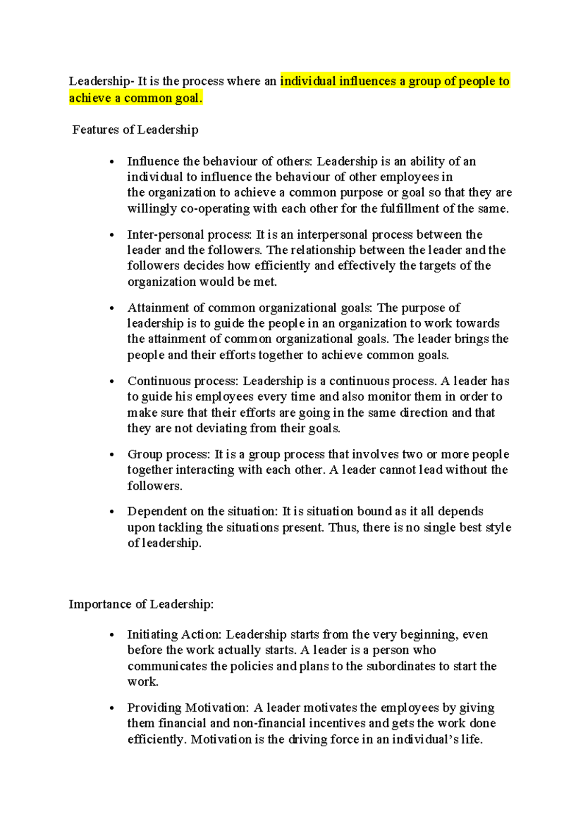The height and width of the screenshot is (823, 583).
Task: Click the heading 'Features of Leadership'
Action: pyautogui.click(x=135, y=130)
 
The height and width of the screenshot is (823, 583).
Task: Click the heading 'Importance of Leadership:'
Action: pyautogui.click(x=141, y=604)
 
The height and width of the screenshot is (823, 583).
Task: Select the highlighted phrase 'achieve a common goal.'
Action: pyautogui.click(x=135, y=98)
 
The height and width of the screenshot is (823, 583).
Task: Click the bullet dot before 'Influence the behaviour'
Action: pyautogui.click(x=112, y=162)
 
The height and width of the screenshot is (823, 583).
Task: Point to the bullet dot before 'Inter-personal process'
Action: pyautogui.click(x=112, y=235)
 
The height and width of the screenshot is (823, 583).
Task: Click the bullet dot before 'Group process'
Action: pyautogui.click(x=112, y=455)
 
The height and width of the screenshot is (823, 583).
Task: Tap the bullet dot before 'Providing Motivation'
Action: pyautogui.click(x=112, y=708)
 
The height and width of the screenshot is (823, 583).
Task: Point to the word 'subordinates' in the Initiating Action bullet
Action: pyautogui.click(x=401, y=666)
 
